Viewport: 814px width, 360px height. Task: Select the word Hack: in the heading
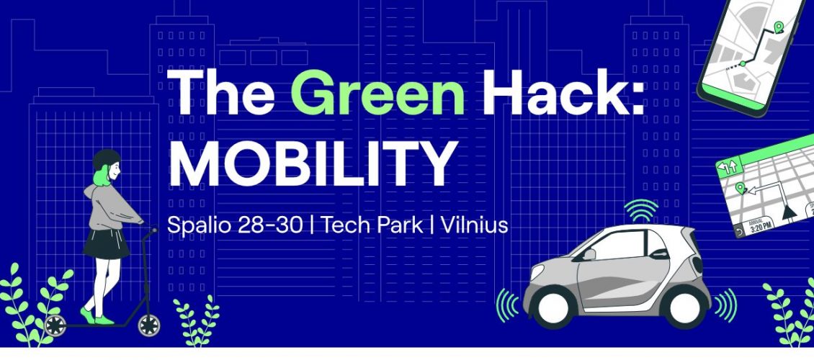click(566, 91)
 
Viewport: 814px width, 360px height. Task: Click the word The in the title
click(220, 91)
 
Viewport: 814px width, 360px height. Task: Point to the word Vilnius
click(474, 225)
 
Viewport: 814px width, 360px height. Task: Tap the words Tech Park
click(372, 225)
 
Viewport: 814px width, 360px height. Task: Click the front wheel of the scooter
click(148, 325)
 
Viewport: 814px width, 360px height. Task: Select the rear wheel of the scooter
click(55, 325)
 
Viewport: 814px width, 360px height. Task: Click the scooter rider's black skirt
click(106, 244)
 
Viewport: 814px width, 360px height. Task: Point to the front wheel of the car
click(553, 307)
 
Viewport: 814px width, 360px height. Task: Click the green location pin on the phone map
click(778, 27)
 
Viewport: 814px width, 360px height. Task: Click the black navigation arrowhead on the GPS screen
click(789, 211)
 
